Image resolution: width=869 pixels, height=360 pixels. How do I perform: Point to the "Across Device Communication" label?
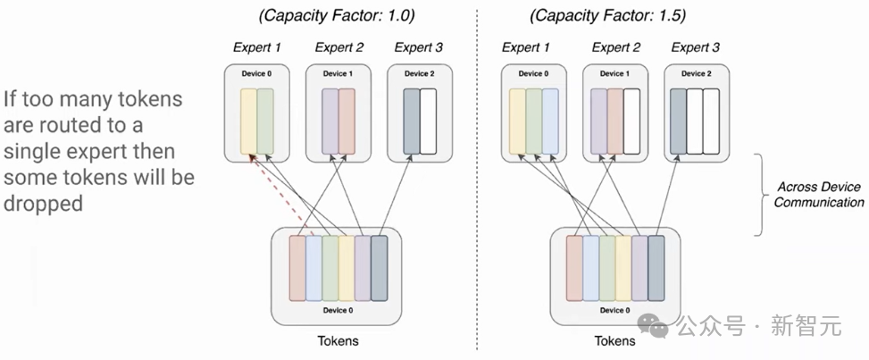pos(817,194)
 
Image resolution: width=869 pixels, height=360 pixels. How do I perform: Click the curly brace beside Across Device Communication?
pos(759,195)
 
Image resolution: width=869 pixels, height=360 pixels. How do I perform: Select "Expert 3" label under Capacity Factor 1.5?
pos(695,47)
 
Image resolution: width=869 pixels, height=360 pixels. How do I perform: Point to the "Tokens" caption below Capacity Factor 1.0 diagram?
pos(339,340)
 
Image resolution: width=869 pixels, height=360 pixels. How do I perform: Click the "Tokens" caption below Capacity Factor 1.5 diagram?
pos(614,340)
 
